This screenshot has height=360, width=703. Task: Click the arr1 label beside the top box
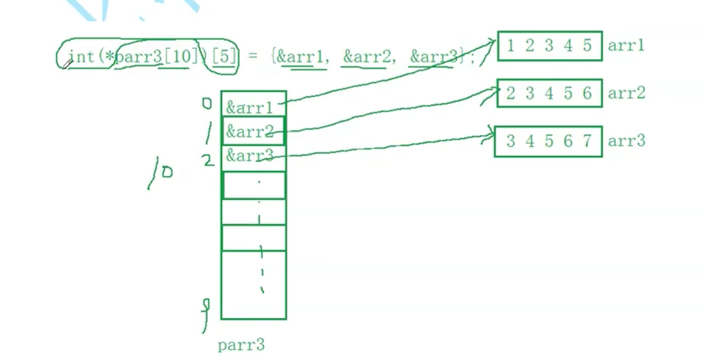[626, 46]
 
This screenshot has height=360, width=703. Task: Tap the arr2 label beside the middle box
[626, 93]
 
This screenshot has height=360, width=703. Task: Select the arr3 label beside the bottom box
[626, 141]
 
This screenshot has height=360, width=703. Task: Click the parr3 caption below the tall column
[241, 345]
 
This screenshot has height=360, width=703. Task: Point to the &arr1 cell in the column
[250, 108]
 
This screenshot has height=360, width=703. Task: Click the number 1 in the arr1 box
[510, 46]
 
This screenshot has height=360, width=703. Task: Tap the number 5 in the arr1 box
[587, 46]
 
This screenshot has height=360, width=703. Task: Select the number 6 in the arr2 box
[587, 93]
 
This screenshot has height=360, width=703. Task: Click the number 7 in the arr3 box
[587, 141]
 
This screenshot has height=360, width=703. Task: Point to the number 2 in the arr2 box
[510, 93]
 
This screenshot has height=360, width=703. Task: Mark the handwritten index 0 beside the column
[207, 104]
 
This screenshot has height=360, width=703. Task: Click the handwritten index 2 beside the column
[208, 161]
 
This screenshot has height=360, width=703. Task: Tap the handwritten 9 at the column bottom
[206, 306]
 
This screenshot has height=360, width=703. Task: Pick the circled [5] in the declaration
[225, 57]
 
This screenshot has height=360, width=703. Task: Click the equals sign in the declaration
[253, 57]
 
